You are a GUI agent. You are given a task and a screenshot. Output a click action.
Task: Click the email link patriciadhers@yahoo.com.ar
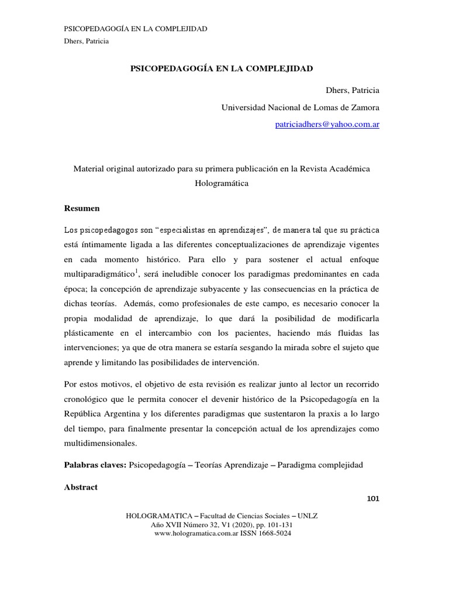coord(327,125)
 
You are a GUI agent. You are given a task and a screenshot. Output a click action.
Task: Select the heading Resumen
coord(81,208)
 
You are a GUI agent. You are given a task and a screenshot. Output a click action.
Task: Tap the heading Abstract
coord(81,487)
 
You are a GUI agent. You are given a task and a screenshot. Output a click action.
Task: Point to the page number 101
coord(373,498)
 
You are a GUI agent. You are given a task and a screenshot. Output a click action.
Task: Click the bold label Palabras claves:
coord(94,465)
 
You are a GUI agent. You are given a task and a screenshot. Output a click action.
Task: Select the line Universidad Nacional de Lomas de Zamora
coord(300,108)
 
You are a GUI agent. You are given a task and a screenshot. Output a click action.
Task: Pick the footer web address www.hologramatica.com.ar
coord(199,533)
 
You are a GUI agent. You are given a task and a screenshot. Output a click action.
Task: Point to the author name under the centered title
coord(352,91)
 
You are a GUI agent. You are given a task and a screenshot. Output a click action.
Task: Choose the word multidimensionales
coord(101,443)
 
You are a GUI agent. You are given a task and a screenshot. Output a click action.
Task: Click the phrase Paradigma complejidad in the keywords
coord(320,465)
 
